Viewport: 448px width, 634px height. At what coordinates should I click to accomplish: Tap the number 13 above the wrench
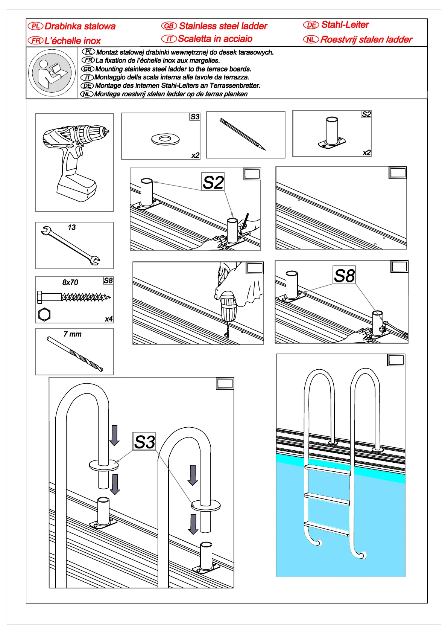click(x=72, y=227)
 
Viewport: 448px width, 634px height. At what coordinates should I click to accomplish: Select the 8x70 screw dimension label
click(x=70, y=282)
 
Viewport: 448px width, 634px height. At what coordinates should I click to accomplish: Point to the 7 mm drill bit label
click(x=73, y=334)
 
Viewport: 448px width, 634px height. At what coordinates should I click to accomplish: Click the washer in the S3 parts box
click(x=165, y=139)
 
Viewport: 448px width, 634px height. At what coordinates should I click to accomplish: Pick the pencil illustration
click(x=243, y=134)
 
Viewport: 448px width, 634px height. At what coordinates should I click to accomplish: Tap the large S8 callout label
click(x=344, y=276)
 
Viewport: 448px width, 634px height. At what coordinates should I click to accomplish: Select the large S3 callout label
click(x=144, y=442)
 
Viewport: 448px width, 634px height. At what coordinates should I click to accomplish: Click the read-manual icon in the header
click(x=52, y=73)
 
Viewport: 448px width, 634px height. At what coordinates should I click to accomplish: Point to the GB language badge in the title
click(x=169, y=26)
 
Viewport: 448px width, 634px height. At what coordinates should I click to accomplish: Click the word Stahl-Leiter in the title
click(x=345, y=25)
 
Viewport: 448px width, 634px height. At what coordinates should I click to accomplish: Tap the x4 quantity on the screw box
click(x=109, y=319)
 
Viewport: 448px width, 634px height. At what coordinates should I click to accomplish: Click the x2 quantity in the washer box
click(x=195, y=155)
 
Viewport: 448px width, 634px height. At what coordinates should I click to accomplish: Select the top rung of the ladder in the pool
click(x=327, y=469)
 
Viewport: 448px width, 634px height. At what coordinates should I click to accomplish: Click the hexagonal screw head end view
click(x=44, y=314)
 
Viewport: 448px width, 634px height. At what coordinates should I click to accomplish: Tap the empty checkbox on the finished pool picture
click(x=396, y=360)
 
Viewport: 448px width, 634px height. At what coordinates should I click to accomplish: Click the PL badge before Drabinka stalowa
click(x=36, y=26)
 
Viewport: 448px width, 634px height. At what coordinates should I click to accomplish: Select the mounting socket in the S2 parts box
click(x=332, y=133)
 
